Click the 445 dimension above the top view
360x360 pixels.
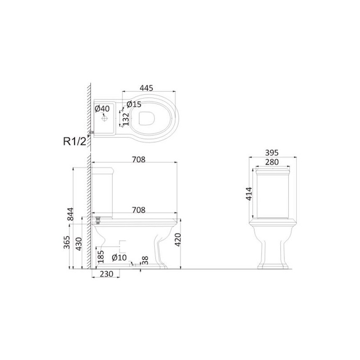coord(146,88)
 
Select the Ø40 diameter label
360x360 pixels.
coord(102,108)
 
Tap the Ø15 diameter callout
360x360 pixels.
coord(134,104)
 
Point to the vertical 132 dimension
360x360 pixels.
coord(126,119)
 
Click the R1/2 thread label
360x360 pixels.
coord(75,141)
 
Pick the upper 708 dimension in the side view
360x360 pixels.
coord(139,159)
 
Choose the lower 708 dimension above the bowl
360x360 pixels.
coord(139,210)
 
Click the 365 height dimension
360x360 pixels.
coord(67,242)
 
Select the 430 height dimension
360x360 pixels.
coord(79,244)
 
